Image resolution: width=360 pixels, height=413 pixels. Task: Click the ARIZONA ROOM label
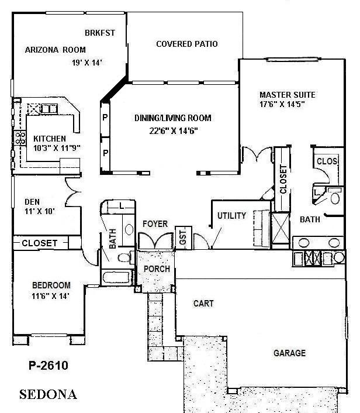(x=56, y=50)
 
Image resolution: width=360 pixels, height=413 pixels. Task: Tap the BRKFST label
(x=99, y=33)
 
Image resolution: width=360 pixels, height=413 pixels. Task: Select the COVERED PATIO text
(x=187, y=44)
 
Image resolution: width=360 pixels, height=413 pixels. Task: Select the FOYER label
(x=155, y=223)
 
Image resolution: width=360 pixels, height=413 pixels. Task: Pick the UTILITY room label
(x=231, y=216)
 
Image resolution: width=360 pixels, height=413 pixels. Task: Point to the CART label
(x=203, y=304)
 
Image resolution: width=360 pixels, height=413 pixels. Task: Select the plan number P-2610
(x=49, y=366)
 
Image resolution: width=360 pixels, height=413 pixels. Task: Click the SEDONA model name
(x=48, y=394)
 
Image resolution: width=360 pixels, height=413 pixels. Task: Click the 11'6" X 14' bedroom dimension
(x=50, y=296)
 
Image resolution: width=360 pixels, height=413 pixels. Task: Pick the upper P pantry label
(x=105, y=116)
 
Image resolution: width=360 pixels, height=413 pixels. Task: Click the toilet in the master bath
(x=335, y=198)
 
